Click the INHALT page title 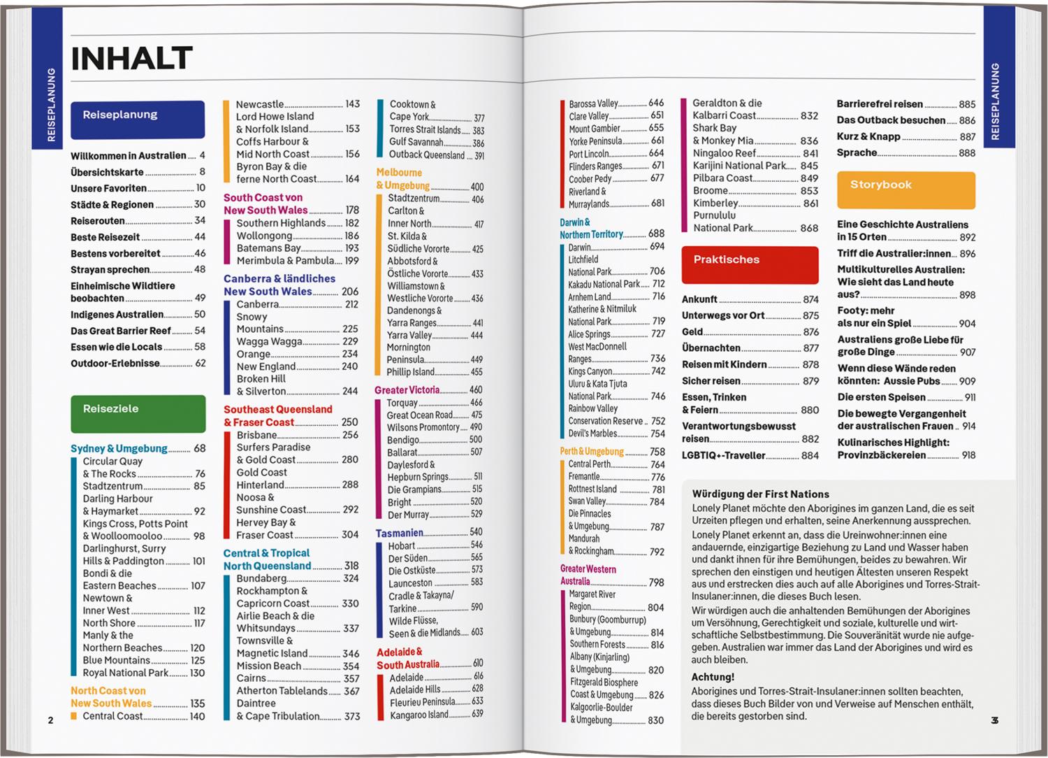(132, 59)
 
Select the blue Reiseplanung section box (138, 119)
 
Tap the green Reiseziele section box (138, 413)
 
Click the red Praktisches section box (749, 264)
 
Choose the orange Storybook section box (905, 189)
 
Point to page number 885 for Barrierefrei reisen (967, 104)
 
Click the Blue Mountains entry (117, 660)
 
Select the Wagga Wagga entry (270, 341)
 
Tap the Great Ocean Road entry (420, 415)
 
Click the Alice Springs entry (589, 334)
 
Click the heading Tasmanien (399, 533)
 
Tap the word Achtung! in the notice (713, 677)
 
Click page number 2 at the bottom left (50, 720)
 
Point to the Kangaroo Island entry (419, 715)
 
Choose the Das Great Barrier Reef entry (121, 331)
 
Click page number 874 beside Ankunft (810, 299)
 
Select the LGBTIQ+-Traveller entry (724, 455)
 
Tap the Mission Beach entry (269, 666)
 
